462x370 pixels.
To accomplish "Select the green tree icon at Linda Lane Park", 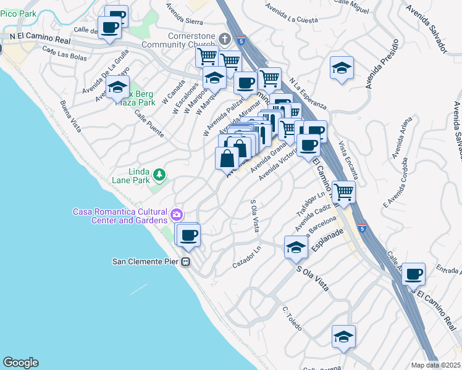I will pyautogui.click(x=160, y=176).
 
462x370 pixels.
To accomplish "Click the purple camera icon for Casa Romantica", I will pyautogui.click(x=177, y=215).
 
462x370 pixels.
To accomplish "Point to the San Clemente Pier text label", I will pyautogui.click(x=146, y=261).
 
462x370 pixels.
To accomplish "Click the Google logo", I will pyautogui.click(x=20, y=363).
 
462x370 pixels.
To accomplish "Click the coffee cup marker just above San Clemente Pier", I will pyautogui.click(x=190, y=234).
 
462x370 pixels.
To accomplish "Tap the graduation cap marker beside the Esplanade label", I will pyautogui.click(x=296, y=247).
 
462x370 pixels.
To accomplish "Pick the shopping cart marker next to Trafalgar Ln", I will pyautogui.click(x=343, y=191).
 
